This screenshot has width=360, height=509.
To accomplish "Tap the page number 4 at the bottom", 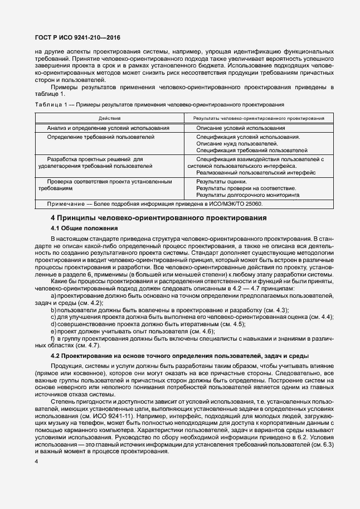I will (36, 462).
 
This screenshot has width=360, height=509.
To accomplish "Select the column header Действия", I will (109, 118).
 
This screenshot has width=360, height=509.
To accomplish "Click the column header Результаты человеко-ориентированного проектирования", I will (259, 118).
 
